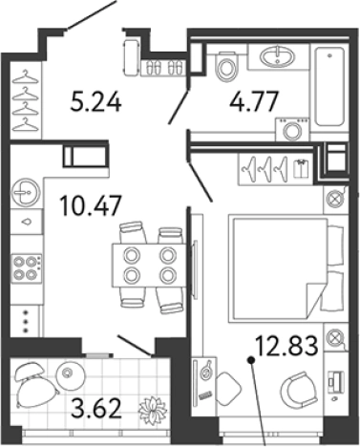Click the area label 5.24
coord(95,101)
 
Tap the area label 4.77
coord(254,101)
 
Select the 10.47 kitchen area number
coord(91,205)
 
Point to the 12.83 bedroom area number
coord(286,346)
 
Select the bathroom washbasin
coord(278,56)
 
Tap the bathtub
coord(329,87)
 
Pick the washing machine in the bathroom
coord(292,129)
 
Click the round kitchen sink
coord(26,193)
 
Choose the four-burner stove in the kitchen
coord(26,267)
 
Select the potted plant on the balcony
coord(153,409)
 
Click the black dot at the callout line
coord(251,360)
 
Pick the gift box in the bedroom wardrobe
coord(301,168)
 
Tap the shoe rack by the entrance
coord(163,68)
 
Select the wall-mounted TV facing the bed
coord(195,268)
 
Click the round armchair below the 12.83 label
coord(299,387)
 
